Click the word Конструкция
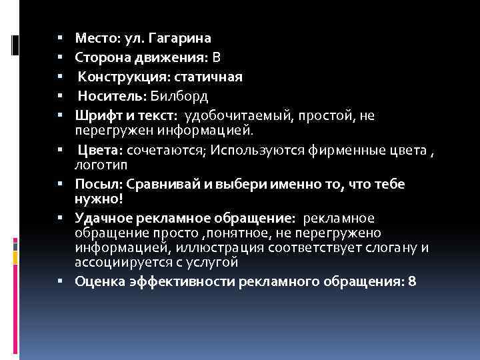point(113,77)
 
